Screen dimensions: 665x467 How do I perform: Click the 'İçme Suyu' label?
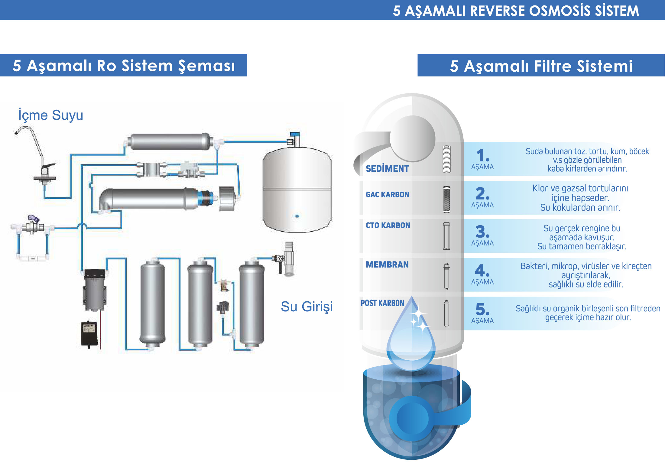pos(50,115)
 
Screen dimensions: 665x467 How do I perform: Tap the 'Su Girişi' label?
pos(307,306)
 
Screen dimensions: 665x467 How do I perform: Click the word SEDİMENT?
pos(387,169)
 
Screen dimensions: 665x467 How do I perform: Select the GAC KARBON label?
pos(387,195)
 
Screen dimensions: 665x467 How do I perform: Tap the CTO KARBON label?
pos(388,225)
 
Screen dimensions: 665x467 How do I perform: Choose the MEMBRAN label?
pos(387,264)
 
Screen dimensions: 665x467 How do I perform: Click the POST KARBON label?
pos(382,303)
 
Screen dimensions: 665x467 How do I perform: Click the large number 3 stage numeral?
pos(482,232)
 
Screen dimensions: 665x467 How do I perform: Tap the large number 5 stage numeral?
pos(482,309)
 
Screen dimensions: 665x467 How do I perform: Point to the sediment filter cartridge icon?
pos(446,159)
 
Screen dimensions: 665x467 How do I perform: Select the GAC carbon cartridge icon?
pos(446,199)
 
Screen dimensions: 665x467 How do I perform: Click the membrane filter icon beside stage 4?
pos(446,276)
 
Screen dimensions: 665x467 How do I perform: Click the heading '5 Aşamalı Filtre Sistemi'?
pos(541,66)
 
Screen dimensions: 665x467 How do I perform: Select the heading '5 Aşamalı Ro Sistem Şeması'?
pos(124,66)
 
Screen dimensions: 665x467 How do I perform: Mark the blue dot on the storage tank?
pos(297,216)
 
